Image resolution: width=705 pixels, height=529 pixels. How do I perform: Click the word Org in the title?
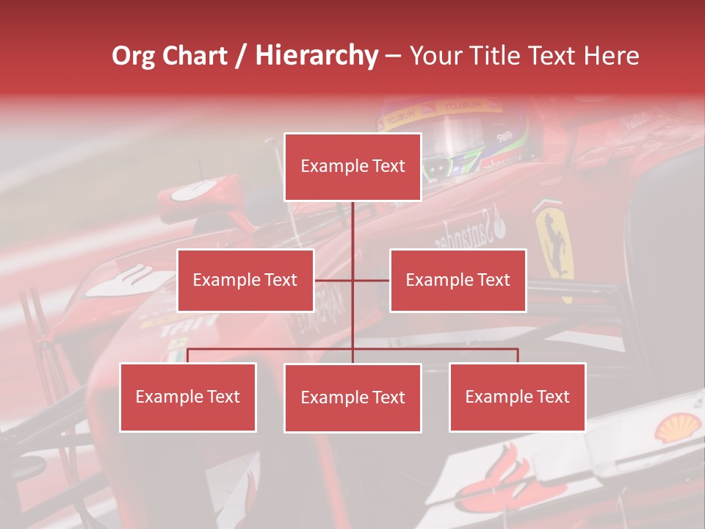tap(134, 56)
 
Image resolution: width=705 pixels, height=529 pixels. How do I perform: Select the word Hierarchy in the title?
tap(317, 56)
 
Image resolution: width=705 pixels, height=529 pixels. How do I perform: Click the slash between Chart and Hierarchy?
tap(241, 57)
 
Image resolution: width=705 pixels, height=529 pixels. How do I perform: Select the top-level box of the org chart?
tap(352, 167)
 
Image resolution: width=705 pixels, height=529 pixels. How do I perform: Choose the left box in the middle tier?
tap(245, 280)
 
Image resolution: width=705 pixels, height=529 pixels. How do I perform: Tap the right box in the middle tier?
tap(458, 280)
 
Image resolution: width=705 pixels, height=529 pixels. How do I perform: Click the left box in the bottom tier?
tap(188, 397)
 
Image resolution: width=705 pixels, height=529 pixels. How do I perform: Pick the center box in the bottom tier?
tap(352, 397)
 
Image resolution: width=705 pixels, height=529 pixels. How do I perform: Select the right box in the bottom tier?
tap(517, 397)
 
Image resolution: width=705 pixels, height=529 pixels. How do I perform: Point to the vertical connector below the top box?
tap(352, 228)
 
